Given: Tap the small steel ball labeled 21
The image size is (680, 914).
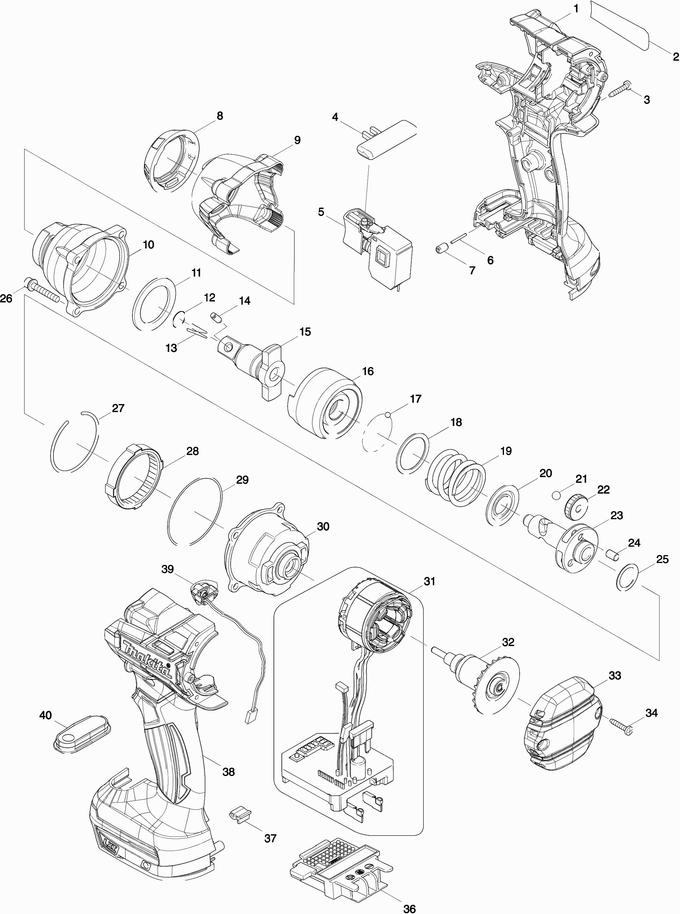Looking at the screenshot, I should [557, 495].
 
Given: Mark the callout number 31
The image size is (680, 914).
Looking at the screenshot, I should [429, 581].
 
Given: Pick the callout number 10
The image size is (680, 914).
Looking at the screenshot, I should [148, 245].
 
